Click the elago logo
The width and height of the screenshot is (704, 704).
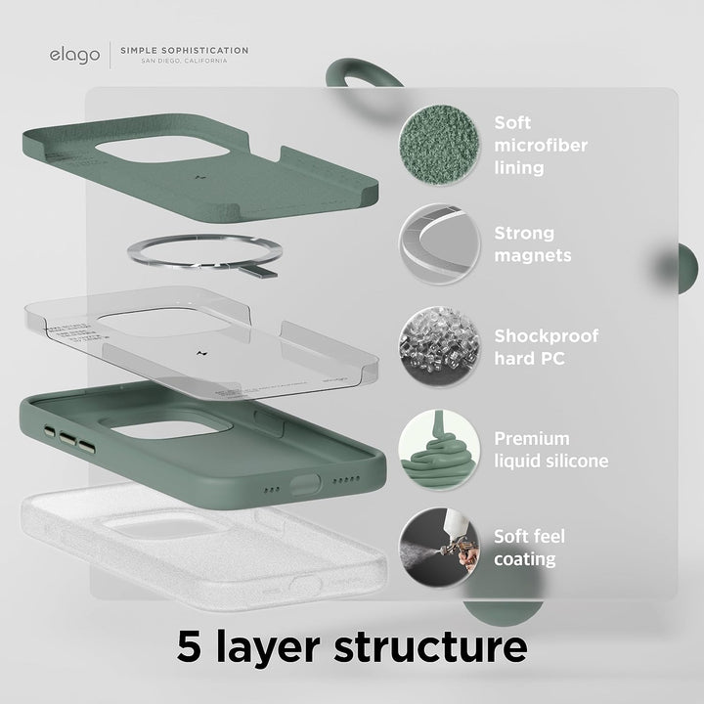[74, 55]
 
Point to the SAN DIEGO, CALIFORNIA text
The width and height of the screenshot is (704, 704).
[185, 61]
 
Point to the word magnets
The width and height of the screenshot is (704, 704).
[533, 256]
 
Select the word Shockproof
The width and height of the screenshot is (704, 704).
[546, 336]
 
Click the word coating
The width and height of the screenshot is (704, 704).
[524, 560]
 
